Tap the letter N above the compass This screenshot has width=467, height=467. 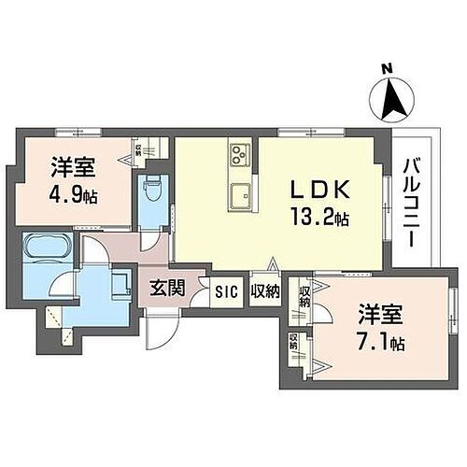pos(388,68)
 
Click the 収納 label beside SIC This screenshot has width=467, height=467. pos(264,291)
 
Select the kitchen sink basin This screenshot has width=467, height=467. pos(238,195)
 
